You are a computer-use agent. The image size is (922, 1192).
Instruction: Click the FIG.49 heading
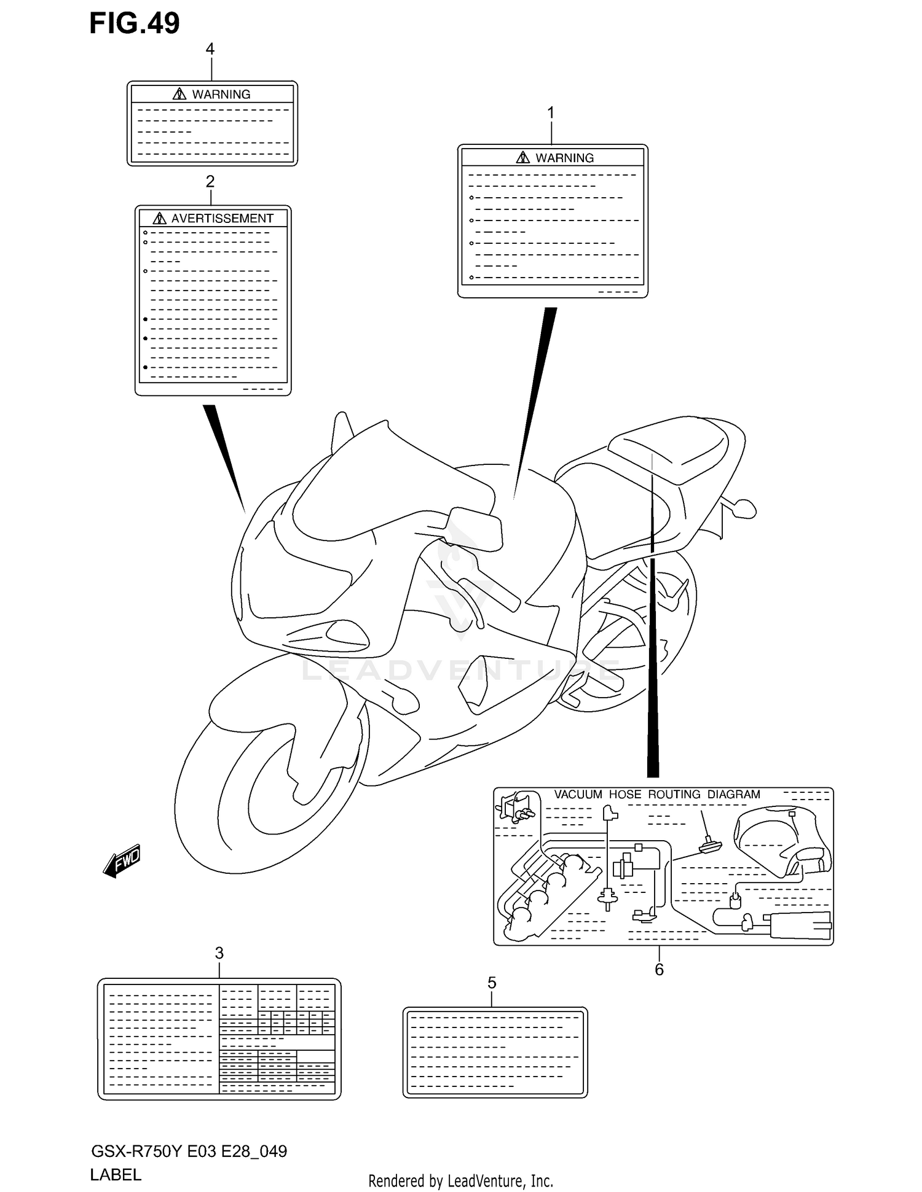135,23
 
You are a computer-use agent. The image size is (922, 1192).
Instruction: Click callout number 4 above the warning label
210,49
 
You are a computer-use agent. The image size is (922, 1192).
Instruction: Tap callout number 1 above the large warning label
551,113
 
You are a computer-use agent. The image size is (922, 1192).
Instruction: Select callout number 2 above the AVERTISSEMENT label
210,182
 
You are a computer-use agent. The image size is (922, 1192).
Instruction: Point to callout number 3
219,953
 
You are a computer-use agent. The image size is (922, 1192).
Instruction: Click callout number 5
492,983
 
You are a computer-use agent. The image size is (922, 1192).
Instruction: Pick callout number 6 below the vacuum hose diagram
659,970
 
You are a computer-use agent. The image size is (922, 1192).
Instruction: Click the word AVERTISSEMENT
222,219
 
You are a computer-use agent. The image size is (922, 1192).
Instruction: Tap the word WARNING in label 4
221,95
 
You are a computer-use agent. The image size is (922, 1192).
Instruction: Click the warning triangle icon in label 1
522,158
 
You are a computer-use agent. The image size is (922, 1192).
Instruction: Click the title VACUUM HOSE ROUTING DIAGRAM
657,794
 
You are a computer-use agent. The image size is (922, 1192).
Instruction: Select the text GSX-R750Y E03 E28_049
189,1151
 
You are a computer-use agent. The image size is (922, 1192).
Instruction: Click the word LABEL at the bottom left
116,1174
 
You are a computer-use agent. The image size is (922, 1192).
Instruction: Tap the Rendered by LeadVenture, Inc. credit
460,1180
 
